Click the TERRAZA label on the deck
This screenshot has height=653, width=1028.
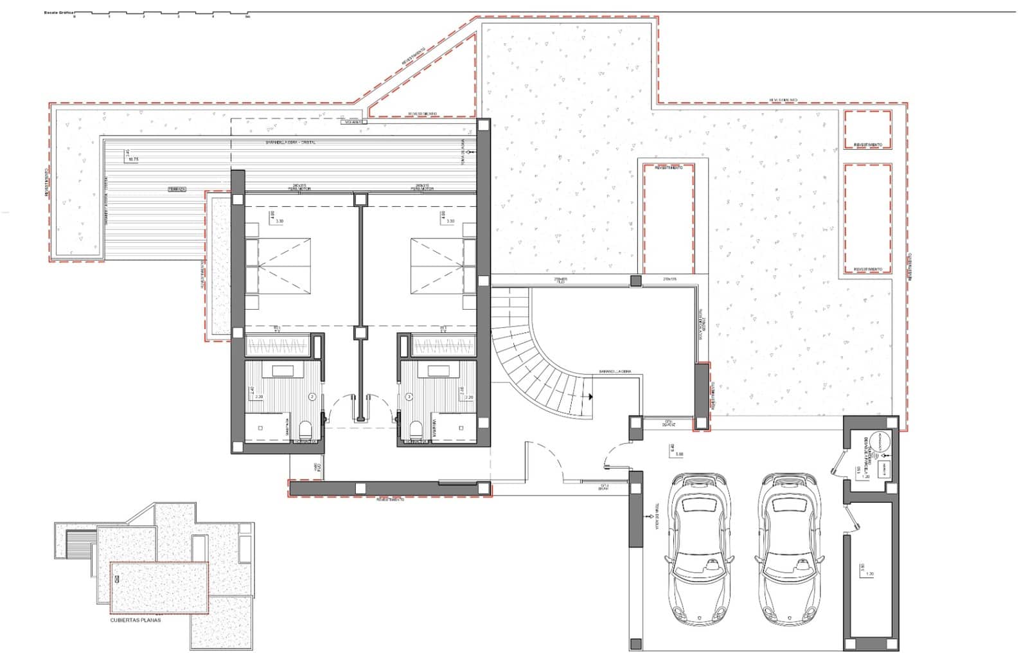point(177,189)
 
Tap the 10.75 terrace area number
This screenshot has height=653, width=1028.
point(134,158)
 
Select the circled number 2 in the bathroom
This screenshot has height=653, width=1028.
point(312,397)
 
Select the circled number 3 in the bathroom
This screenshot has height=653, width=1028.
point(409,397)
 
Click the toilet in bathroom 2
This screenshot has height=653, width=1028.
point(306,429)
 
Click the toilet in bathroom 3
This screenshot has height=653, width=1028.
point(416,429)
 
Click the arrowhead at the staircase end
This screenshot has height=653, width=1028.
point(590,397)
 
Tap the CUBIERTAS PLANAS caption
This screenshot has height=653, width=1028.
point(135,620)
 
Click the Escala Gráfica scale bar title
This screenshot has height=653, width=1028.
point(57,12)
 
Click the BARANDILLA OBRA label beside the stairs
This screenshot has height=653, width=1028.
point(615,371)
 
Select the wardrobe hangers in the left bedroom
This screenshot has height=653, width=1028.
point(278,347)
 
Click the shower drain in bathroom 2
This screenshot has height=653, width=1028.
point(262,427)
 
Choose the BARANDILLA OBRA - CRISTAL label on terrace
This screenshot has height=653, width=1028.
point(291,142)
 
